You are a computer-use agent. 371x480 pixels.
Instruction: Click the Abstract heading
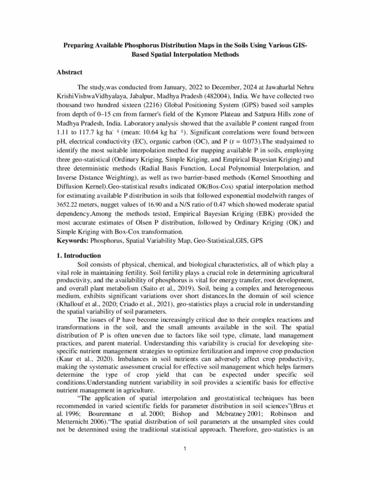tap(69, 73)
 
